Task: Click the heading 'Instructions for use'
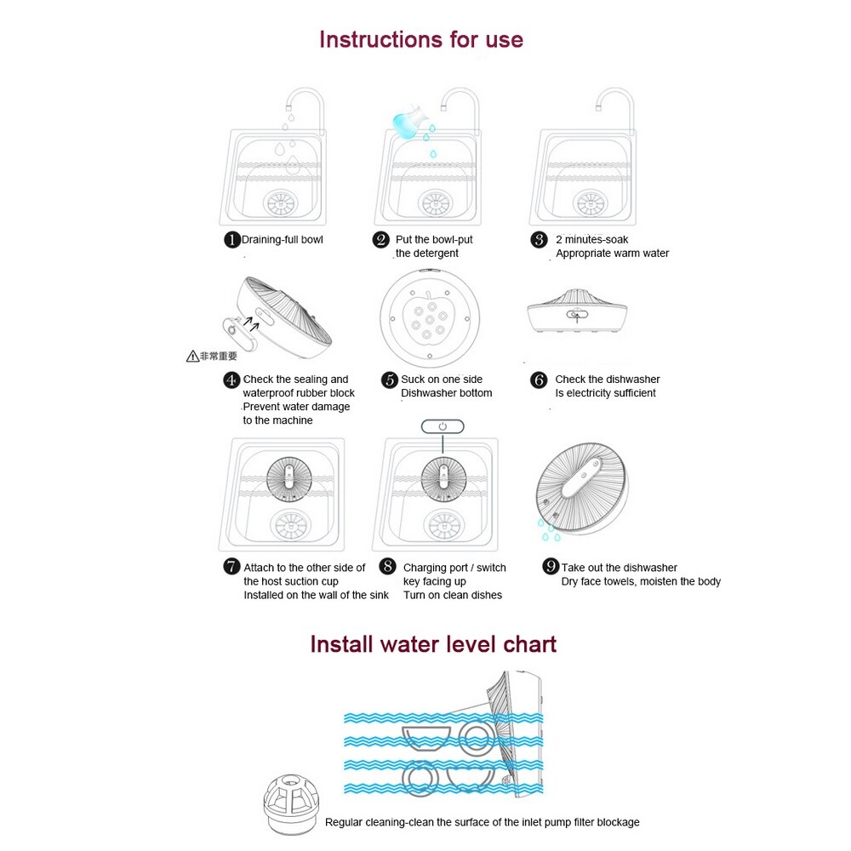[x=420, y=39]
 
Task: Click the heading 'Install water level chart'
[x=432, y=643]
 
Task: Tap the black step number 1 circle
[x=231, y=240]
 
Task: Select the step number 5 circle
[x=389, y=380]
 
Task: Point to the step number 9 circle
[x=551, y=567]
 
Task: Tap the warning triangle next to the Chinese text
[x=193, y=357]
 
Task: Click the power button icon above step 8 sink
[x=443, y=426]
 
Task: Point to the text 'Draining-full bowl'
[x=283, y=240]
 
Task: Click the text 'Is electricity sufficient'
[x=605, y=393]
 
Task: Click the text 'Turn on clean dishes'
[x=452, y=595]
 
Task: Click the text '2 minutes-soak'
[x=592, y=240]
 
